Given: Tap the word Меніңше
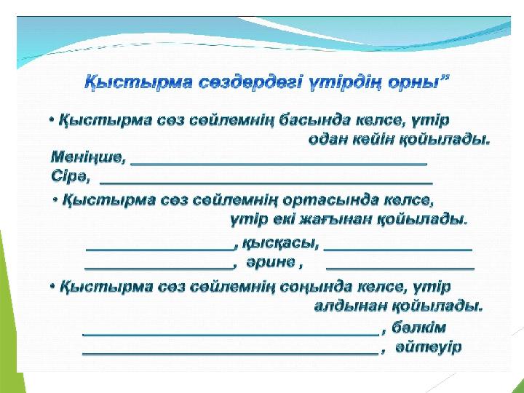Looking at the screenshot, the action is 88,157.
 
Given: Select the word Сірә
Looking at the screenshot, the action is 71,176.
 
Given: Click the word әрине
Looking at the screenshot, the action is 271,262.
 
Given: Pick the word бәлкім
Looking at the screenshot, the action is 418,327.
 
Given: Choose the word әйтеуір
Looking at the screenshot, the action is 428,347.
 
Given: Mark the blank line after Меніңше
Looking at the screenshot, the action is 279,164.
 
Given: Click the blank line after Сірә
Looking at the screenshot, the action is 266,183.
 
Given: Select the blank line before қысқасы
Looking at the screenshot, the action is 159,249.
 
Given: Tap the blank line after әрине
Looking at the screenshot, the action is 400,268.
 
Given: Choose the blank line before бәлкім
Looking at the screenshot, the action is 231,334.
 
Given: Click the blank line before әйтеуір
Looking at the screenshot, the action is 231,353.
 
